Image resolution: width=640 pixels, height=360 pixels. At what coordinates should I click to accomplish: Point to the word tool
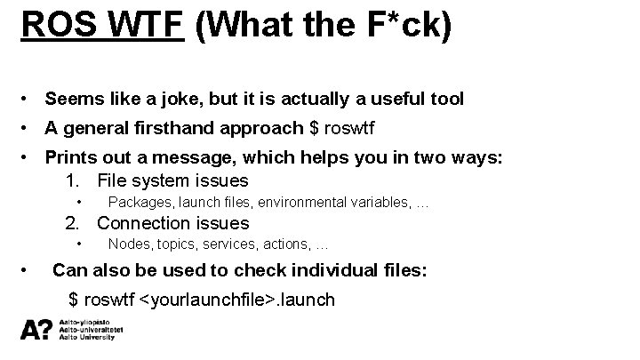pos(444,99)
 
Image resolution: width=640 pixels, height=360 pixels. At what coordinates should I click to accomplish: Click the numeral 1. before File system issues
pos(73,181)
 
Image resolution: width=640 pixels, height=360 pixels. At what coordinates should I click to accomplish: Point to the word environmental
pos(302,203)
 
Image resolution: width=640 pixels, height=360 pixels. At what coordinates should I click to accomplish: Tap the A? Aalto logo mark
pos(36,331)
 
